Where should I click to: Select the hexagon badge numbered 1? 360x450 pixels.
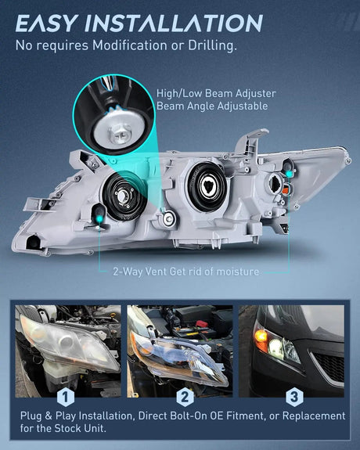(66, 398)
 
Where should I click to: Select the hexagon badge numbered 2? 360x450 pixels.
(185, 398)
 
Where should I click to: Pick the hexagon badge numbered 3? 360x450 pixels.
(294, 398)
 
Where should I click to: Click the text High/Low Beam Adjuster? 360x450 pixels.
(216, 93)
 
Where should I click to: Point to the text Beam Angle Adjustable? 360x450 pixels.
(212, 106)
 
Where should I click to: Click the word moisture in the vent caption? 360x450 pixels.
(237, 272)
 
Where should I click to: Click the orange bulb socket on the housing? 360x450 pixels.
(285, 189)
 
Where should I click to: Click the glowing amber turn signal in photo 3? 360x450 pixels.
(261, 336)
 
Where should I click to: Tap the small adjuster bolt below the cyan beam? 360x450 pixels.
(169, 219)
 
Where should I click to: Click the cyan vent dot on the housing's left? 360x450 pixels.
(99, 219)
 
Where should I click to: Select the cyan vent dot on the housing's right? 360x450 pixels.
(290, 174)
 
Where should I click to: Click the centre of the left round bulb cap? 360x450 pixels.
(124, 196)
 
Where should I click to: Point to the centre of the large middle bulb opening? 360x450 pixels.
(207, 186)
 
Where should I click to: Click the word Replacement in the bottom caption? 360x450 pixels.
(314, 416)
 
